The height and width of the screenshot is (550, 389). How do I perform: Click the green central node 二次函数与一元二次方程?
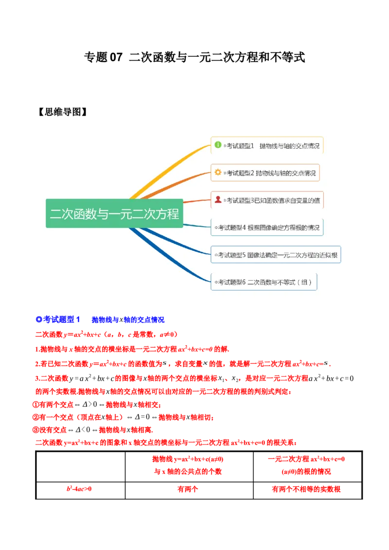(114, 213)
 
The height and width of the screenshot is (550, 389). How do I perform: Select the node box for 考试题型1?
(267, 145)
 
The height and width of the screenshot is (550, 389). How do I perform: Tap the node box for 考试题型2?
(265, 172)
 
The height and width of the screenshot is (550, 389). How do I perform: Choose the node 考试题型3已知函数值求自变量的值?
(267, 200)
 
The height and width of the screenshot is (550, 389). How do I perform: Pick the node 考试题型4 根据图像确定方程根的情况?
(267, 227)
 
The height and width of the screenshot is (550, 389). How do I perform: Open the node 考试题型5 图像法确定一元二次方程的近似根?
(276, 254)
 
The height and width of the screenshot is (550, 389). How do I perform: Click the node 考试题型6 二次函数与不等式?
(264, 282)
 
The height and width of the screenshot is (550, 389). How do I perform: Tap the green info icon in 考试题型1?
(218, 145)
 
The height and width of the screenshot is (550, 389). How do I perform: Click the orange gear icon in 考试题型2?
(218, 172)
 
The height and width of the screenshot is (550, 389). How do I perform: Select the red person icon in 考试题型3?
(218, 199)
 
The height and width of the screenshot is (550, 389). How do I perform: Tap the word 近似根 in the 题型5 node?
(330, 255)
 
